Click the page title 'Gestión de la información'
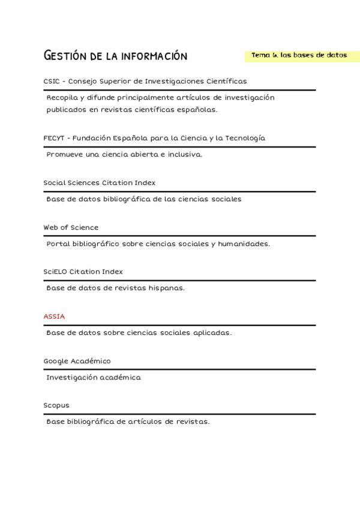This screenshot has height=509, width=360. coord(116,56)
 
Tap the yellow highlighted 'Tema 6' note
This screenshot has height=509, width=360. coord(299,55)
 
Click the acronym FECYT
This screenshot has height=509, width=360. coord(54,138)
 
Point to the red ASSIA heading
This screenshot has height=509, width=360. coord(54,316)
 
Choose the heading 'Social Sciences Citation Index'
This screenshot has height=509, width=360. coord(99,182)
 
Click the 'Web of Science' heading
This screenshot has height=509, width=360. coord(71,227)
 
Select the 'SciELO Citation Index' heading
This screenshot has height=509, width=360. coord(83,272)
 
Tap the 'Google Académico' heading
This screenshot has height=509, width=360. coord(77,361)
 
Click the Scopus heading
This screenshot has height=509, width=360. coord(56,406)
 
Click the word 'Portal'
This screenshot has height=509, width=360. coord(58,244)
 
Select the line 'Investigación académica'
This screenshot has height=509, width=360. coord(94,378)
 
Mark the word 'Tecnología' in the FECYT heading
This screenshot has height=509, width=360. coord(244,138)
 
